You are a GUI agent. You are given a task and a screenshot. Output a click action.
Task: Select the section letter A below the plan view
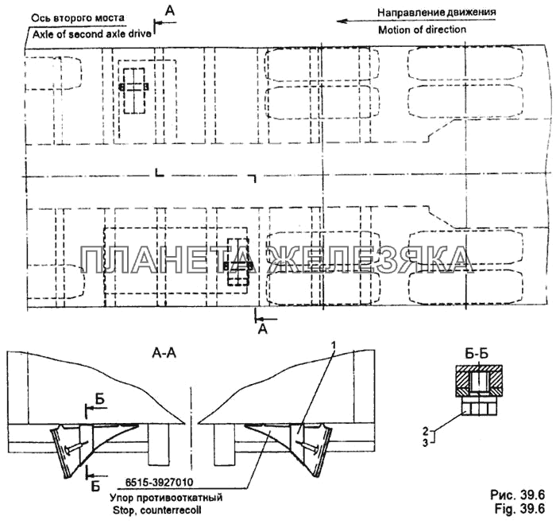click(x=263, y=327)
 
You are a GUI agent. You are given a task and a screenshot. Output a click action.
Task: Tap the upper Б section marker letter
click(x=98, y=398)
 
